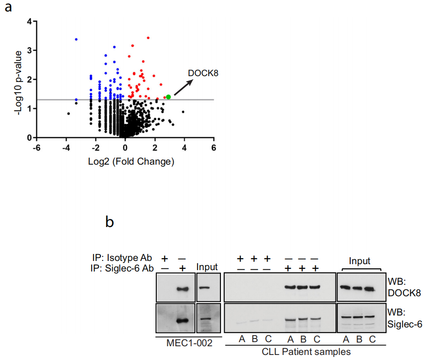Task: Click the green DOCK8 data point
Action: pyautogui.click(x=168, y=97)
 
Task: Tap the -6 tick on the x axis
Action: pyautogui.click(x=37, y=148)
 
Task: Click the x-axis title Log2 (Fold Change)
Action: pyautogui.click(x=125, y=161)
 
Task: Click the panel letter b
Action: pyautogui.click(x=110, y=222)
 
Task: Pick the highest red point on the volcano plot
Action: pyautogui.click(x=148, y=38)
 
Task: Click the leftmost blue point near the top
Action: pyautogui.click(x=76, y=39)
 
